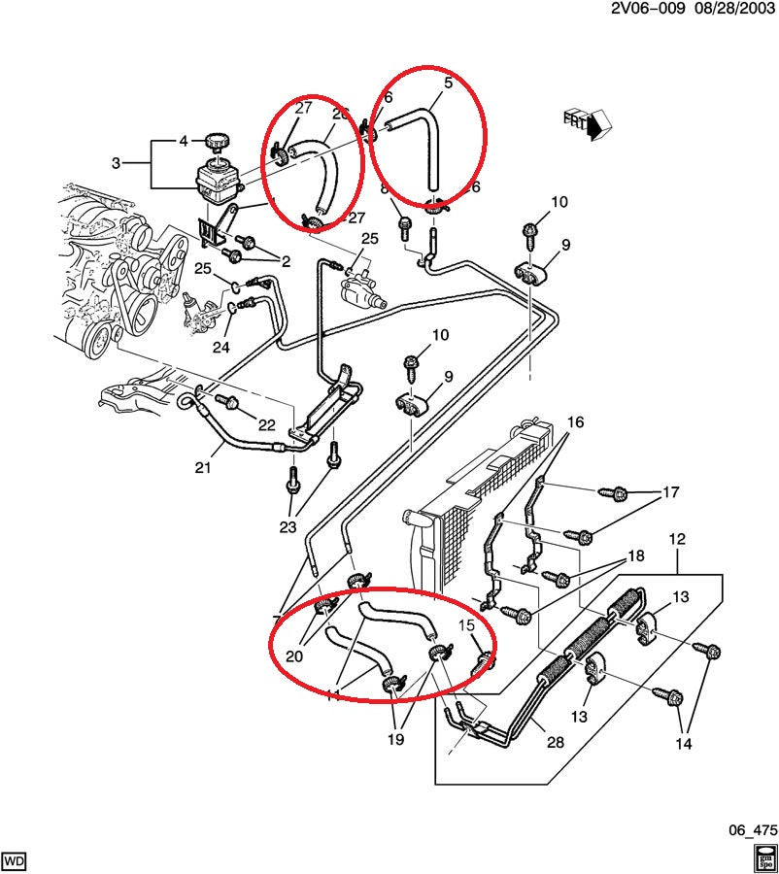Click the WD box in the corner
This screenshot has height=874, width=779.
[x=15, y=860]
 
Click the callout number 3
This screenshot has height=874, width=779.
[x=116, y=163]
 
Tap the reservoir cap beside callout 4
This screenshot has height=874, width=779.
[x=216, y=142]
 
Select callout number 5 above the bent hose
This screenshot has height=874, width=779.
[x=448, y=84]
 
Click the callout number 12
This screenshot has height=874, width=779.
[x=677, y=539]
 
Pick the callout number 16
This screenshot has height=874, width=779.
[x=576, y=422]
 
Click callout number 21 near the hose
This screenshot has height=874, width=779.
[x=202, y=468]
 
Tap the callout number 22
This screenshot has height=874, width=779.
[x=266, y=424]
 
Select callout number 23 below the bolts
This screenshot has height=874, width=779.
[x=287, y=528]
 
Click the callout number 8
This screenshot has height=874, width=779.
[x=384, y=188]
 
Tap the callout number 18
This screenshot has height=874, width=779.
[x=635, y=557]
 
